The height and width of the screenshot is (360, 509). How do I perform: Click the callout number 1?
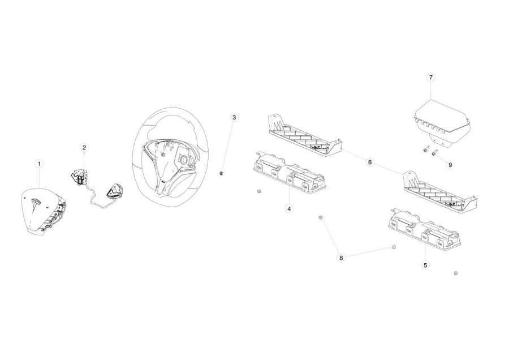point(39,164)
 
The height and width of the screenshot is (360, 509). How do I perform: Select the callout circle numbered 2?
point(84,148)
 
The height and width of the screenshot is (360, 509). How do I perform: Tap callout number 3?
point(234,117)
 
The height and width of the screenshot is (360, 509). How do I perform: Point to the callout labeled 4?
point(289,209)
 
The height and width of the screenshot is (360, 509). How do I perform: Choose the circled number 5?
point(425,265)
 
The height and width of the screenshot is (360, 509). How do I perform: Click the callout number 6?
point(370,162)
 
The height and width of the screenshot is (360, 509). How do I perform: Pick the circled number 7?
point(431,78)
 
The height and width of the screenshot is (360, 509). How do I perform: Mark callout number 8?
point(341,258)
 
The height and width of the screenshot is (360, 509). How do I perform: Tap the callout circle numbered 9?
point(450,165)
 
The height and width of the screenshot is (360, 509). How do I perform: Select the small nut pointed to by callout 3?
point(221,173)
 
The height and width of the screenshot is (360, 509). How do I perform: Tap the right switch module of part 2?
point(114,190)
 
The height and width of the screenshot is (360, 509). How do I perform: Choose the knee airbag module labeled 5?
point(424,229)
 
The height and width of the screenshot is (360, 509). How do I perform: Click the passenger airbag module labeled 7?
point(442,124)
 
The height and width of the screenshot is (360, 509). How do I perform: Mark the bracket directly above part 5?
point(440,192)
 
